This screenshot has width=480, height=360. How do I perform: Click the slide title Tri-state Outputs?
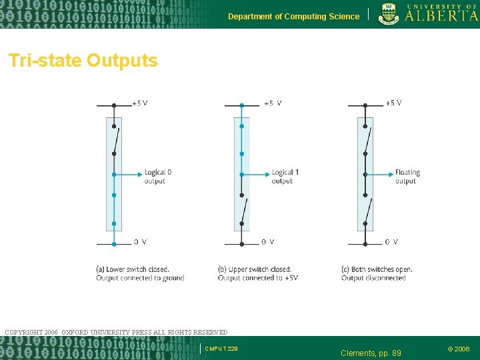pyautogui.click(x=83, y=61)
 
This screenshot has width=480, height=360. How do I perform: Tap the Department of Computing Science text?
pyautogui.click(x=293, y=17)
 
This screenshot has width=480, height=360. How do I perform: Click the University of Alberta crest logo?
pyautogui.click(x=390, y=14)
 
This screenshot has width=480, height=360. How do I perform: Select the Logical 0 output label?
pyautogui.click(x=158, y=177)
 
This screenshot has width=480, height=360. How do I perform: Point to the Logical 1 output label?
pyautogui.click(x=285, y=177)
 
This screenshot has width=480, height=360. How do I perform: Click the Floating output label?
pyautogui.click(x=407, y=177)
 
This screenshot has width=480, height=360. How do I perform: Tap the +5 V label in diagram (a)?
pyautogui.click(x=139, y=103)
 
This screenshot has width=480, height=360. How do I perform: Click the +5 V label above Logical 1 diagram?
pyautogui.click(x=272, y=103)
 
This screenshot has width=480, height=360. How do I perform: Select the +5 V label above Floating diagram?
pyautogui.click(x=393, y=103)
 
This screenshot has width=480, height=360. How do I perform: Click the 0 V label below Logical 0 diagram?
pyautogui.click(x=140, y=241)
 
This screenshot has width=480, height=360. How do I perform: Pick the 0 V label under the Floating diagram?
pyautogui.click(x=391, y=241)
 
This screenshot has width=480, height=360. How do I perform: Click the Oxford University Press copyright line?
pyautogui.click(x=116, y=332)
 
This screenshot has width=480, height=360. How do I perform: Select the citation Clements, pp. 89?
pyautogui.click(x=371, y=353)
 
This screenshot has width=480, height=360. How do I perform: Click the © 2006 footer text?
pyautogui.click(x=458, y=349)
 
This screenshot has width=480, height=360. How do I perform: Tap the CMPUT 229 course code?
pyautogui.click(x=221, y=349)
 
